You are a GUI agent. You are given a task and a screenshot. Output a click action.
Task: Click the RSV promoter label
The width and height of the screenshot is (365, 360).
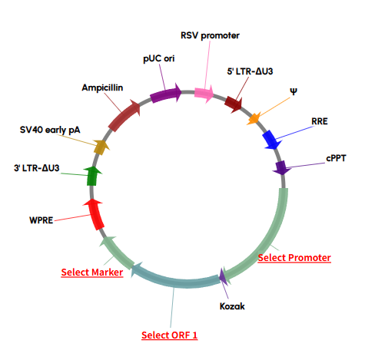(210, 35)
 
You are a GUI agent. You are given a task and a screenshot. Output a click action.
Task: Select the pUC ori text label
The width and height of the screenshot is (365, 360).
(158, 59)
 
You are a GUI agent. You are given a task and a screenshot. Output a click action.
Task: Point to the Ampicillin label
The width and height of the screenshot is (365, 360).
(104, 88)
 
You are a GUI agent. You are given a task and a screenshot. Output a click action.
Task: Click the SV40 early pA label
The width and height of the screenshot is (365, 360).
(50, 130)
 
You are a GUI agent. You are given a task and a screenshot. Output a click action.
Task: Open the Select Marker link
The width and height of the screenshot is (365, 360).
(92, 272)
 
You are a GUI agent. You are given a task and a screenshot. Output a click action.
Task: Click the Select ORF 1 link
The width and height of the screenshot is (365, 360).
(170, 335)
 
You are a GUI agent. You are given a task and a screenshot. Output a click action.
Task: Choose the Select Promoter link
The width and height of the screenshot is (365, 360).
(294, 257)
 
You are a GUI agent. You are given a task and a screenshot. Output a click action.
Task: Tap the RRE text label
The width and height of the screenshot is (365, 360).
(320, 121)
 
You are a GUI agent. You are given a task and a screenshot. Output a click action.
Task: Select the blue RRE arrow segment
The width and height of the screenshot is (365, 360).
(270, 140)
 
